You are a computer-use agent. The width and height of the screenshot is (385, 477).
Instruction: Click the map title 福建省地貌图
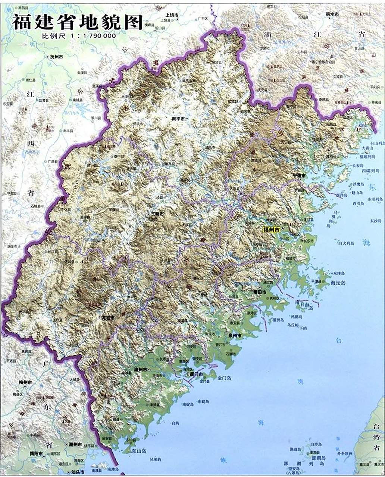pos(78,22)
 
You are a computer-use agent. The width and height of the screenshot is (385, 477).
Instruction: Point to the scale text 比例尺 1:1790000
pos(79,36)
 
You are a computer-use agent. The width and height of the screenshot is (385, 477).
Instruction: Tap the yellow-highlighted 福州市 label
pos(271,230)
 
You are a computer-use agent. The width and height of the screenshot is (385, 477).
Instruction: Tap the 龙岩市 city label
pos(109,318)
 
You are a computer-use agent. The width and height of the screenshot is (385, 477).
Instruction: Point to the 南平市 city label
pos(178,119)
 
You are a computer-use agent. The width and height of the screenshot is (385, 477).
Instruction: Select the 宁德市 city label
pos(299,175)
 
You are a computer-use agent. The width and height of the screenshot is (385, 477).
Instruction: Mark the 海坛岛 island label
pos(338,283)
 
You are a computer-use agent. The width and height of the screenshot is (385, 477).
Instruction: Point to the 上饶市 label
pos(172,15)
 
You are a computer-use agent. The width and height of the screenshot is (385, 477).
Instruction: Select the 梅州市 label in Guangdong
pos(25,382)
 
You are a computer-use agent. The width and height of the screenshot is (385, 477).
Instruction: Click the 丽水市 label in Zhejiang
pos(332,14)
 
